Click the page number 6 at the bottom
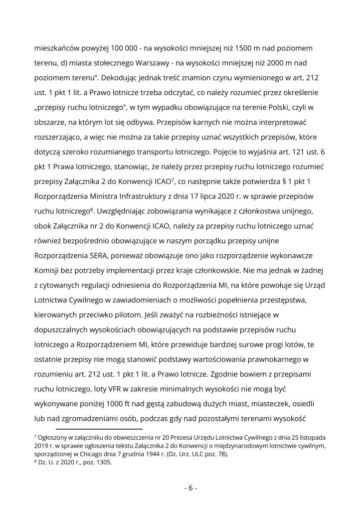point(190,488)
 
